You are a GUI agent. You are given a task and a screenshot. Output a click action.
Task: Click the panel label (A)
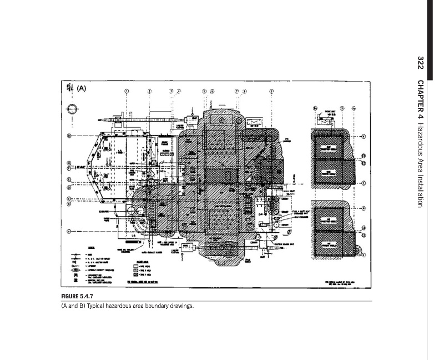point(81,88)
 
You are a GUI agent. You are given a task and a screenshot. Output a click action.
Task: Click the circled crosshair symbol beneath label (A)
point(70,109)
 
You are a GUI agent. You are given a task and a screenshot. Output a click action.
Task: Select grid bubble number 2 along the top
point(150,91)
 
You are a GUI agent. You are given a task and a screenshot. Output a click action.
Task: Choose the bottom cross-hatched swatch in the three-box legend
point(135,276)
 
